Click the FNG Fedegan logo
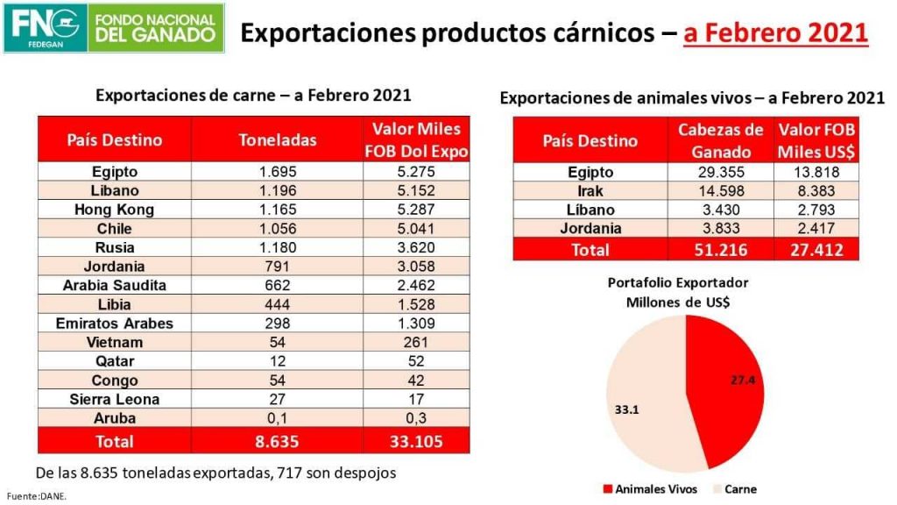point(114,28)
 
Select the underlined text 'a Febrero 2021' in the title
point(776,32)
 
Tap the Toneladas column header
point(278,140)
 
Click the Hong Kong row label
point(114,210)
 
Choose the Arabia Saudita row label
point(114,285)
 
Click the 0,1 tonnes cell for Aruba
point(278,418)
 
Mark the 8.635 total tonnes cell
point(278,441)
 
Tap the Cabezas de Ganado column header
point(721,140)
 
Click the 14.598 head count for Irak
point(721,191)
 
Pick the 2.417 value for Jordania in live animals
point(816,228)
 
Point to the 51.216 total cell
point(721,250)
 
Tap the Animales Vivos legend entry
point(646,489)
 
